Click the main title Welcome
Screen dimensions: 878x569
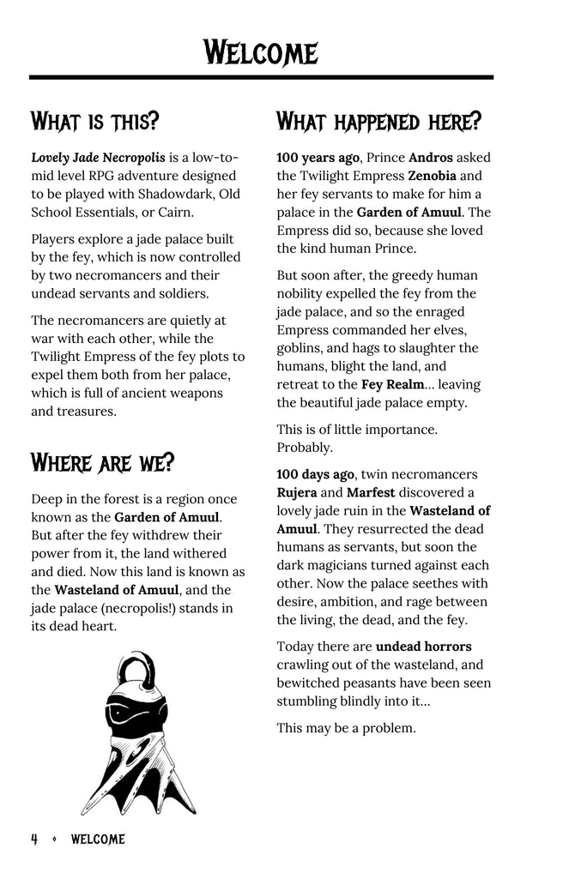click(x=261, y=52)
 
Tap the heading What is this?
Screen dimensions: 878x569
click(x=95, y=121)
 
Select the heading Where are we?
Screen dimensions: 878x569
click(x=102, y=464)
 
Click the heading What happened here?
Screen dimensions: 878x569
click(x=378, y=121)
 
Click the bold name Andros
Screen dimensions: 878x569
click(x=431, y=158)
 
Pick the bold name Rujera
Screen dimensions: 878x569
click(x=297, y=492)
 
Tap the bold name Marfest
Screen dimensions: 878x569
click(x=375, y=492)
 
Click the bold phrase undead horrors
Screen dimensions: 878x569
click(x=424, y=646)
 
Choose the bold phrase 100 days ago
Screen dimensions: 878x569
click(x=316, y=474)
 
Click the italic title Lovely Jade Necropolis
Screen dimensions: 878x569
click(x=98, y=158)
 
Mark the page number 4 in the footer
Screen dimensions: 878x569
click(x=34, y=840)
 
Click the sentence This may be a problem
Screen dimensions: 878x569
click(x=346, y=728)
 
